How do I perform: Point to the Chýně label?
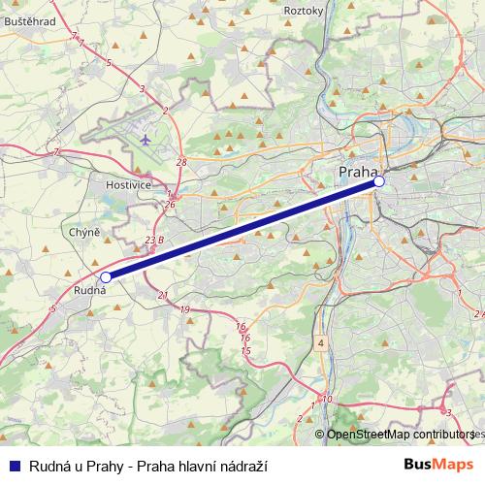pos(84,233)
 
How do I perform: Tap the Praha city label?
pos(357,172)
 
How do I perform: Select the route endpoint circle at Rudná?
pos(106,276)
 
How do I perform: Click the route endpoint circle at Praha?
pos(379,181)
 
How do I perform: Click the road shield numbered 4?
pos(320,343)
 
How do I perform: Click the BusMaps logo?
pos(438,466)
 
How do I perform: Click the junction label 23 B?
pos(154,239)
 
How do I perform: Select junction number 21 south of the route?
pos(162,296)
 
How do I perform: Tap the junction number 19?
pos(184,309)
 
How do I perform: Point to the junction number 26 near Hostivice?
pos(170,205)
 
